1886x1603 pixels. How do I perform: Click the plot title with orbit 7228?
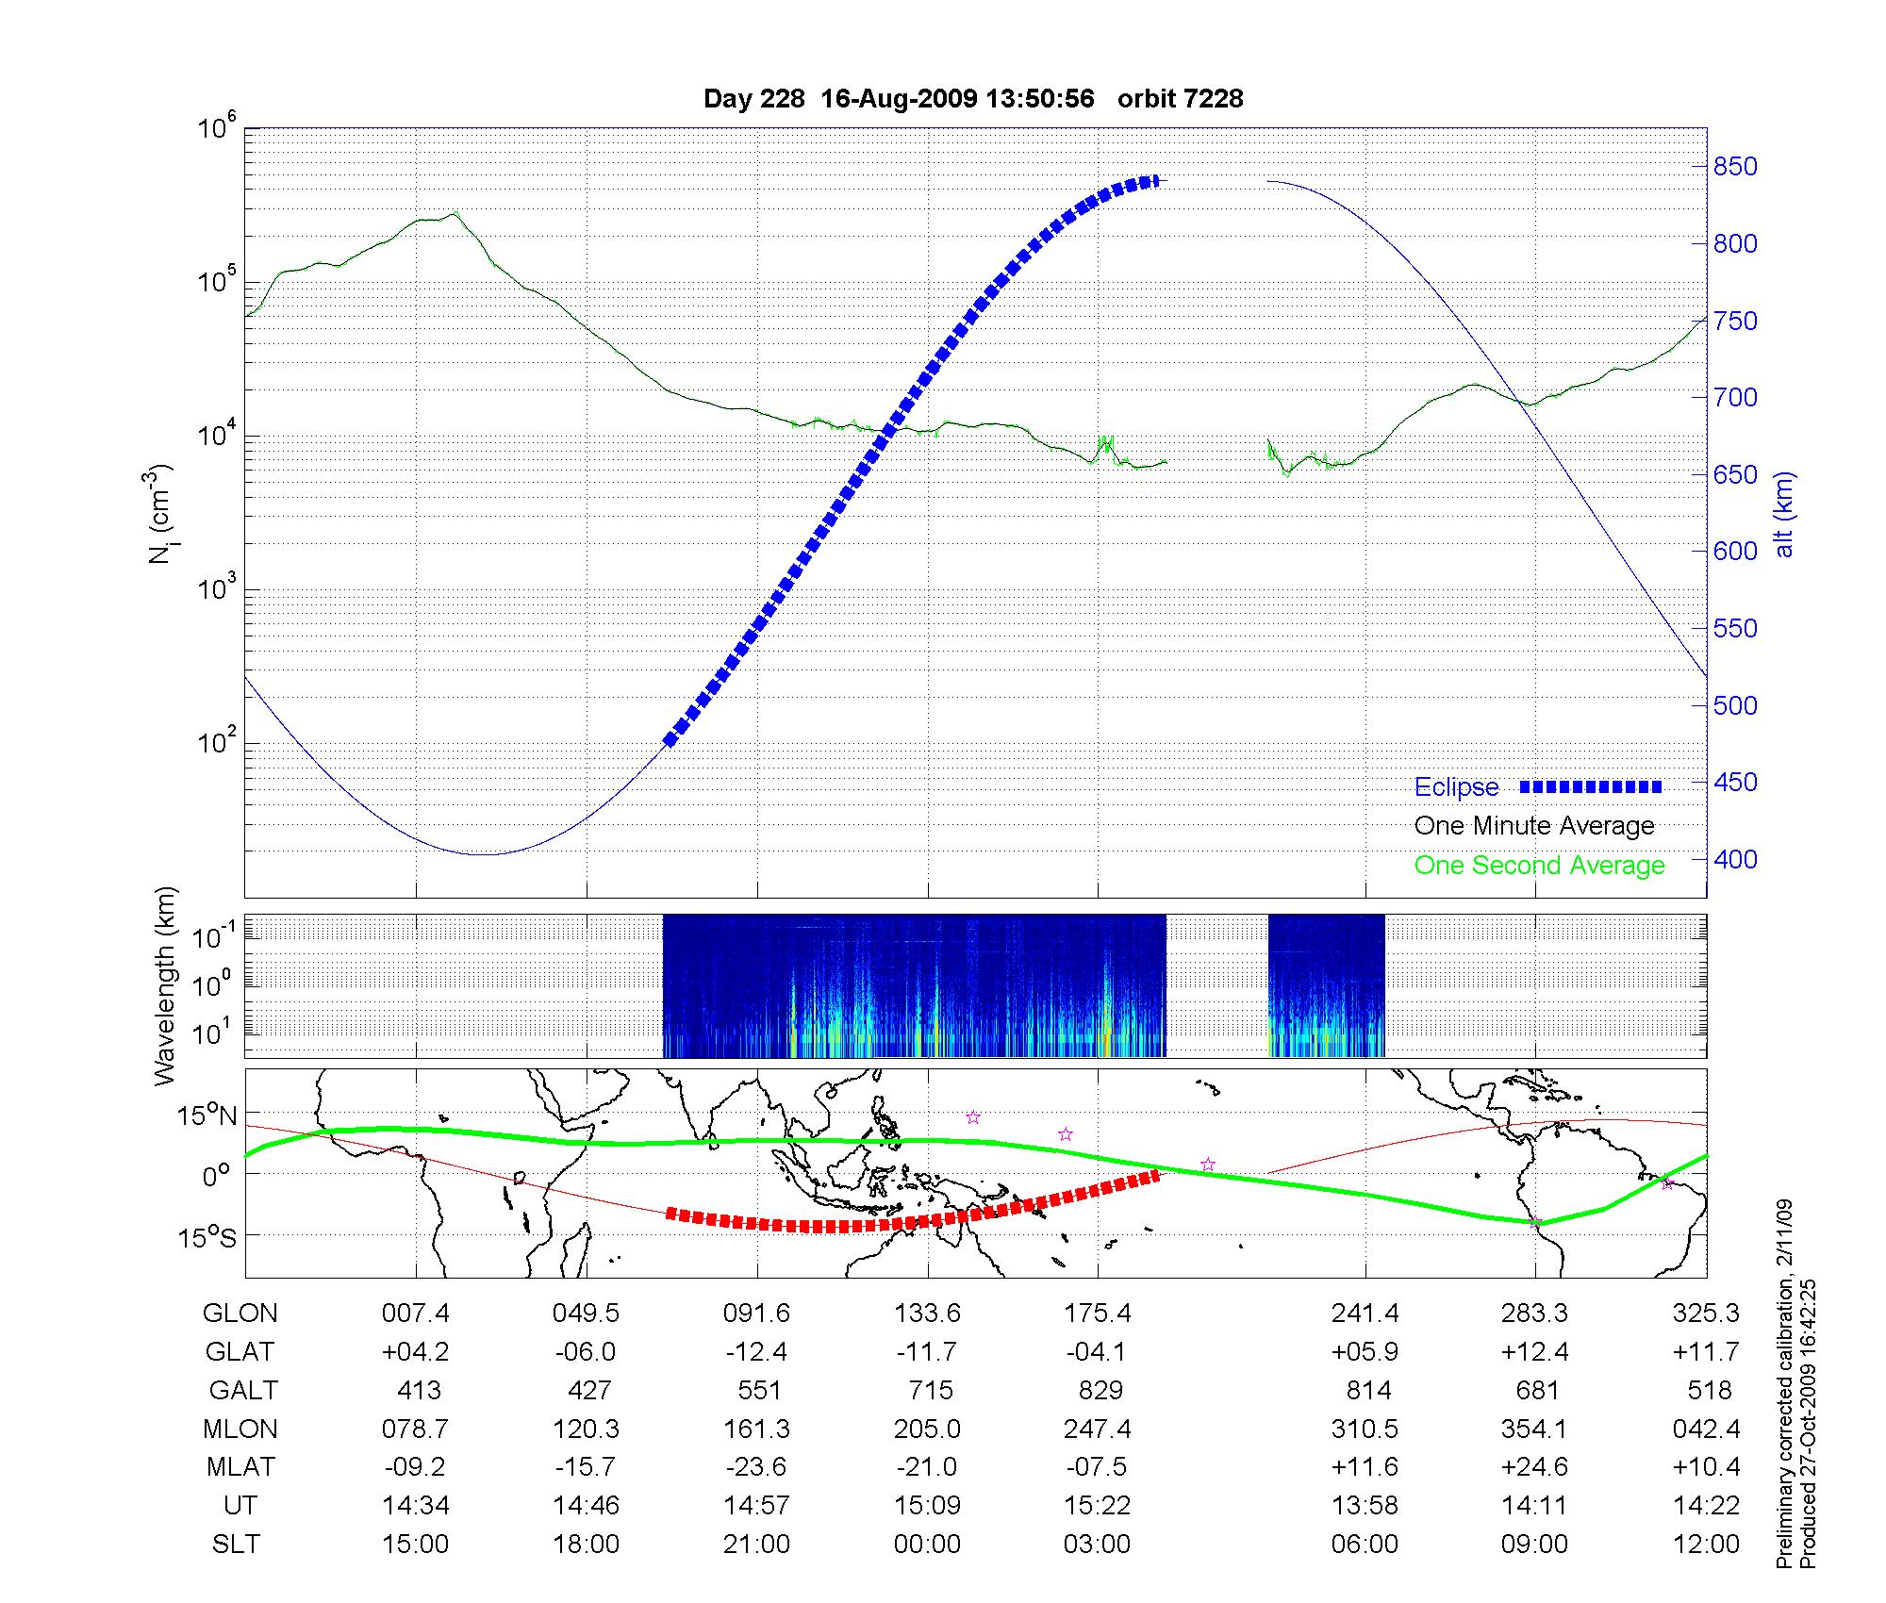973,99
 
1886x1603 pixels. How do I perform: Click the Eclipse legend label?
1456,787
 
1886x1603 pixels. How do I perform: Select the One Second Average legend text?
1539,866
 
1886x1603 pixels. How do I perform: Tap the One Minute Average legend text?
1534,826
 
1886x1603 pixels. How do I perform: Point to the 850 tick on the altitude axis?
1735,167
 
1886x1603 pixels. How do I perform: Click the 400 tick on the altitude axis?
1735,859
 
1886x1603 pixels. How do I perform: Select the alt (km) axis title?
1784,514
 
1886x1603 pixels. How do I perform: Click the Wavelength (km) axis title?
166,985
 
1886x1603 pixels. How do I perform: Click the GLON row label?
240,1314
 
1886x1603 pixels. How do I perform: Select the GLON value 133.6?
928,1314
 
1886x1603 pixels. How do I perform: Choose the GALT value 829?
1100,1391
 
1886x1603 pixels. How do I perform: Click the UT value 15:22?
1098,1506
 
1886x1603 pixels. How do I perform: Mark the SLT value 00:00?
928,1545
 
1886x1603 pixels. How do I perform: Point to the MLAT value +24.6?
1534,1467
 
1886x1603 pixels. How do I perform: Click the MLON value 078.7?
415,1429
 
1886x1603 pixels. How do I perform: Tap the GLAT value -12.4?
756,1352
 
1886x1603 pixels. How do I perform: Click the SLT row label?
236,1545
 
